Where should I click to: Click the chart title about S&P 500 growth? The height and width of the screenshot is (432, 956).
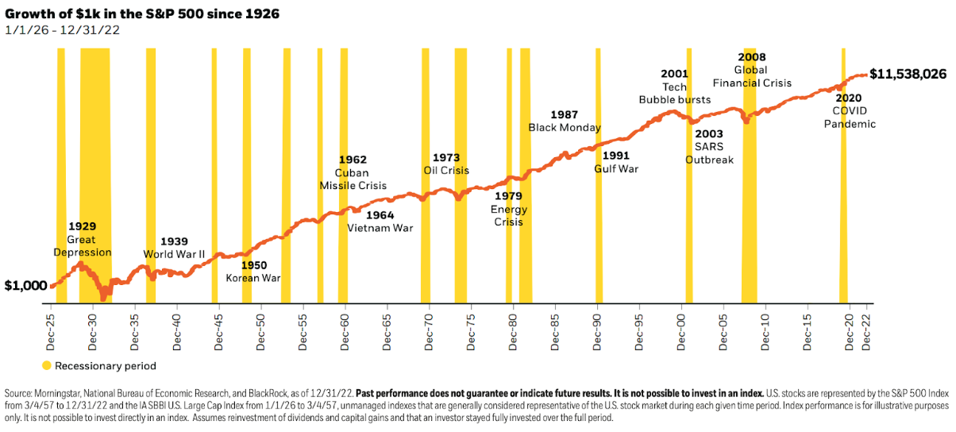[x=142, y=14]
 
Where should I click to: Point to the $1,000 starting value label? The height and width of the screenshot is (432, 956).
[x=25, y=286]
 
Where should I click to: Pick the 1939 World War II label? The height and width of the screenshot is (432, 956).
[x=174, y=248]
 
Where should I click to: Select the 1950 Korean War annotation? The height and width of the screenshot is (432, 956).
[x=253, y=272]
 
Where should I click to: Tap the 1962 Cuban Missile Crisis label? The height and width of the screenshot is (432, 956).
[x=353, y=172]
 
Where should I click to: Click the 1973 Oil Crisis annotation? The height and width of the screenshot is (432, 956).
[x=446, y=164]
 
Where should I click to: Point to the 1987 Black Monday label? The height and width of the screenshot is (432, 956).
[x=565, y=121]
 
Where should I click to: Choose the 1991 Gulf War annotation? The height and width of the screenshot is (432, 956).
[x=616, y=162]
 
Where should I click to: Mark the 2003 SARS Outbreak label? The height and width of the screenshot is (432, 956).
[x=709, y=146]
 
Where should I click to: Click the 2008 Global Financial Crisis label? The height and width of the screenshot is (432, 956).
[x=751, y=70]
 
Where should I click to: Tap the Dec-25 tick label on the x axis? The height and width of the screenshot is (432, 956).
[x=52, y=329]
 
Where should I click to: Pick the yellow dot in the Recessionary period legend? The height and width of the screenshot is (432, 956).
[x=48, y=366]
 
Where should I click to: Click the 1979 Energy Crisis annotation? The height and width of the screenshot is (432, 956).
[x=508, y=209]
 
